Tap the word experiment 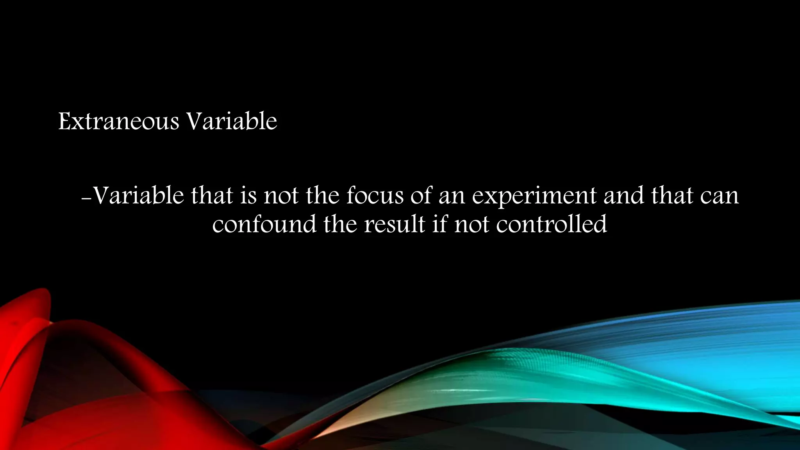coord(534,196)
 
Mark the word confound coord(264,224)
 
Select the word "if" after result coord(439,224)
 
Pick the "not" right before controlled coord(471,224)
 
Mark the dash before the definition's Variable coord(86,198)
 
